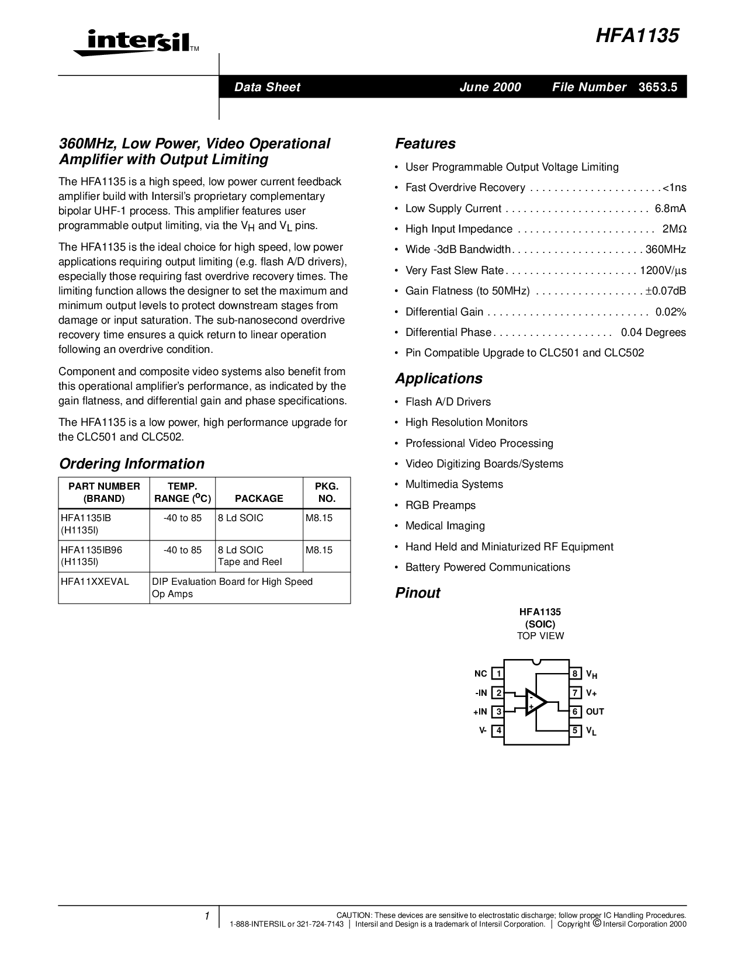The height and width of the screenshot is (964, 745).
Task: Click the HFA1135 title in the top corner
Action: pos(637,36)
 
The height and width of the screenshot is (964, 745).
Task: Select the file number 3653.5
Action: pos(658,87)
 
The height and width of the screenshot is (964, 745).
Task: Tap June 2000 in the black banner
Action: pos(490,87)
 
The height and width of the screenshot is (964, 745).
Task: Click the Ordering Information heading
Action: pos(131,464)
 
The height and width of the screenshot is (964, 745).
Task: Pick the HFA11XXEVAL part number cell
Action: pos(95,581)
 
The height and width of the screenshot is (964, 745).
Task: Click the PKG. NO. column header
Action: pos(326,492)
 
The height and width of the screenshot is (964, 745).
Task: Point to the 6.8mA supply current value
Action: pos(670,209)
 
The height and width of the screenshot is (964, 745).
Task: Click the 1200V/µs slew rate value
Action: pos(663,271)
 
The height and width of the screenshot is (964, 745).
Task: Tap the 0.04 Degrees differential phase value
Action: pos(653,332)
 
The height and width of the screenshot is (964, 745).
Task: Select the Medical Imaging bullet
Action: pos(445,526)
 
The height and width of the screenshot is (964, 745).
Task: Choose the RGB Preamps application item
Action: pos(440,505)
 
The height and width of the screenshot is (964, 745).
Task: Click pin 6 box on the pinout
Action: pos(576,712)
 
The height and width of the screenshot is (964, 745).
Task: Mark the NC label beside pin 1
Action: pos(480,674)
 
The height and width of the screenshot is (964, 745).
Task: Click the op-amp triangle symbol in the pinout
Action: pos(535,702)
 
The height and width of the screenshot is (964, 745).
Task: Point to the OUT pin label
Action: pos(595,712)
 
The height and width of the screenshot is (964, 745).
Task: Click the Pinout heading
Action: pos(417,593)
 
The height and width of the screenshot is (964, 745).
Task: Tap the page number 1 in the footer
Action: pos(207,916)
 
